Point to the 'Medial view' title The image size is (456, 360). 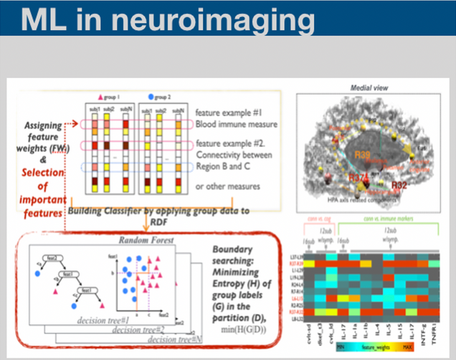pos(369,87)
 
